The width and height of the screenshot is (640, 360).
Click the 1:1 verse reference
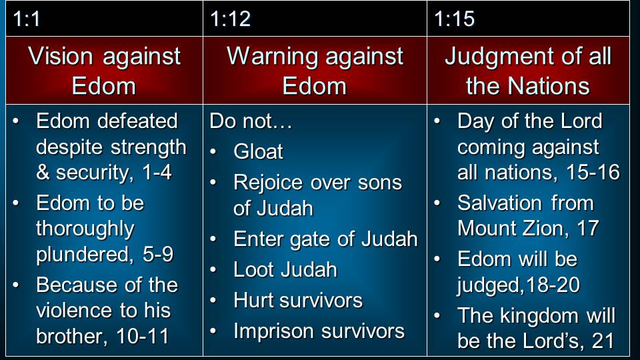[27, 19]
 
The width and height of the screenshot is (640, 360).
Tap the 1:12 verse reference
[230, 19]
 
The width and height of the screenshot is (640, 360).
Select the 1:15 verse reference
[454, 19]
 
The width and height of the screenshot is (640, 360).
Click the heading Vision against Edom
[104, 71]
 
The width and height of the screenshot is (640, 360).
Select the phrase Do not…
[251, 121]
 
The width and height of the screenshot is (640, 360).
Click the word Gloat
[258, 151]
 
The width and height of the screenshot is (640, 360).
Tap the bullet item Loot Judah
[285, 269]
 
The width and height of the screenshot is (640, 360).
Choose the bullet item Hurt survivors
[298, 301]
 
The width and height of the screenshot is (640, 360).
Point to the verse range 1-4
[157, 172]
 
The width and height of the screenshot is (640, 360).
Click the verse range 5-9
[158, 254]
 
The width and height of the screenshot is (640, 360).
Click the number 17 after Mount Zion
[588, 228]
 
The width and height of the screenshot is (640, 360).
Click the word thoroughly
[85, 229]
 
